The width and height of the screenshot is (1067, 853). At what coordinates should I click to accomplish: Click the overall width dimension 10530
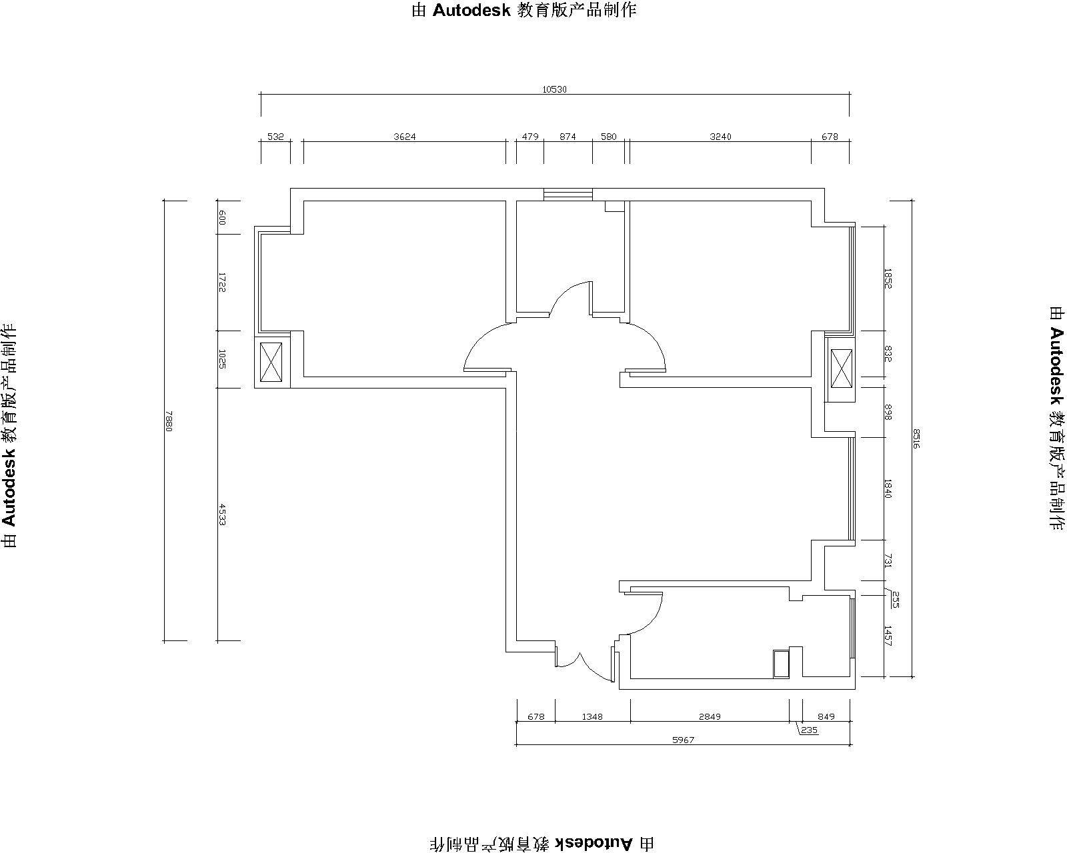[x=554, y=90]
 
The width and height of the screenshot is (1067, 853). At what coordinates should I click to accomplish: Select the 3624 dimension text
[x=405, y=137]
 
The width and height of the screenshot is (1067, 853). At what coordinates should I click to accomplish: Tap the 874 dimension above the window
[x=568, y=137]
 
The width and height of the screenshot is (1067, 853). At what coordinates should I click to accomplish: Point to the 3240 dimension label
[x=720, y=137]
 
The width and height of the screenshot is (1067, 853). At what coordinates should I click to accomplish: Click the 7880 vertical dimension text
[x=169, y=421]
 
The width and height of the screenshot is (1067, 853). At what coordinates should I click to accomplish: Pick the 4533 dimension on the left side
[x=222, y=514]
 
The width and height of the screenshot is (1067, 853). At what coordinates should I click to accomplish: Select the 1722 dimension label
[x=222, y=282]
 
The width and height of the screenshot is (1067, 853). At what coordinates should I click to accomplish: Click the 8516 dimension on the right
[x=916, y=438]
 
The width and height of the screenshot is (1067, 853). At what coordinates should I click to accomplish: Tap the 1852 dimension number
[x=888, y=279]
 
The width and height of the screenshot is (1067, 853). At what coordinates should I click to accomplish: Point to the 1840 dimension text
[x=888, y=488]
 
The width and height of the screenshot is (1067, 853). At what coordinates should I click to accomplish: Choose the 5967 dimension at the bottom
[x=684, y=740]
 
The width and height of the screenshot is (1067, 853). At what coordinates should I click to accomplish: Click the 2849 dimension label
[x=710, y=716]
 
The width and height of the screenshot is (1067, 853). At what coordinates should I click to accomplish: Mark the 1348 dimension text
[x=592, y=716]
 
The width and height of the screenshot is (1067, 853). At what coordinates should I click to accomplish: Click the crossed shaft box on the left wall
[x=271, y=363]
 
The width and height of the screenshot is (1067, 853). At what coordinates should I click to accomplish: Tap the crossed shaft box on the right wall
[x=842, y=369]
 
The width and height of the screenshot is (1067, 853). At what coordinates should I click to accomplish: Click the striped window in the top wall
[x=568, y=195]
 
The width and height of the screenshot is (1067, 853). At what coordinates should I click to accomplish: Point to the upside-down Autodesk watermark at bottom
[x=542, y=844]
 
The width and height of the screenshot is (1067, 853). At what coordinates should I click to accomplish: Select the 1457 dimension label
[x=888, y=636]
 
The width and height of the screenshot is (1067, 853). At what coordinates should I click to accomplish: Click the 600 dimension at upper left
[x=222, y=217]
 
